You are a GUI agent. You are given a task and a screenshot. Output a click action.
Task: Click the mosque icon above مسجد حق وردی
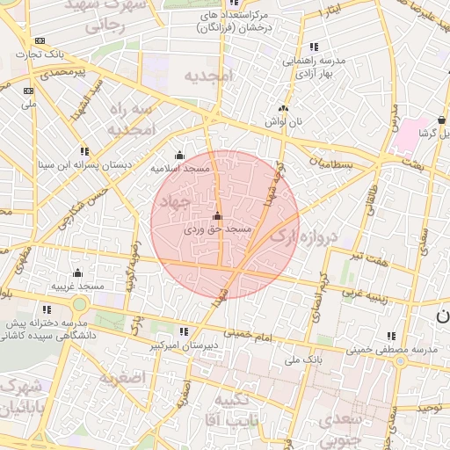(x=217, y=215)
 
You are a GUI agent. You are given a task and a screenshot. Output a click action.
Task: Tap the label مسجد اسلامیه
(x=179, y=167)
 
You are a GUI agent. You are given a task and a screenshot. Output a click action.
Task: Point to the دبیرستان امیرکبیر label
(x=183, y=346)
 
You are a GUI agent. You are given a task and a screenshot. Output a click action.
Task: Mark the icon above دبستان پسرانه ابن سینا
(x=84, y=151)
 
